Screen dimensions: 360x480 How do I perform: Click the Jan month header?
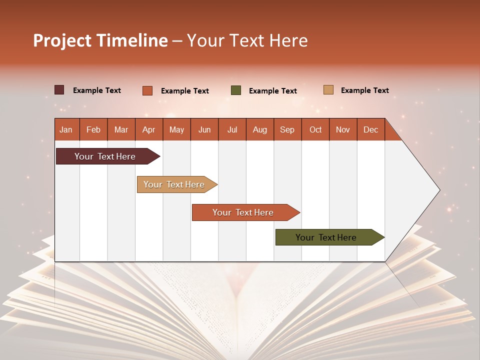click(x=66, y=129)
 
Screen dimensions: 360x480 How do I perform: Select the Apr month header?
click(x=148, y=129)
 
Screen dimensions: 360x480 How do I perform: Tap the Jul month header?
click(x=232, y=129)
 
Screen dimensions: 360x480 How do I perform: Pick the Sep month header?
click(x=287, y=129)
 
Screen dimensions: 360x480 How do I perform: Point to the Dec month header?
click(x=370, y=129)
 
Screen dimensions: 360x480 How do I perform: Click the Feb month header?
click(x=93, y=129)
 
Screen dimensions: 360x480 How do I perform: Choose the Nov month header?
click(x=342, y=129)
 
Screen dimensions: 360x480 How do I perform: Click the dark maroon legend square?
click(x=59, y=90)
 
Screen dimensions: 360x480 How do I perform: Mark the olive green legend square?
click(x=236, y=90)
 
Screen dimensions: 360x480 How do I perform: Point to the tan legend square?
click(x=328, y=90)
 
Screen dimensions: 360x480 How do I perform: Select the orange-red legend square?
click(x=147, y=90)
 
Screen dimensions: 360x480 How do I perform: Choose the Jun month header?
click(x=204, y=129)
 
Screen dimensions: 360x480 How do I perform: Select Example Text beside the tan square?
click(x=364, y=90)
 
